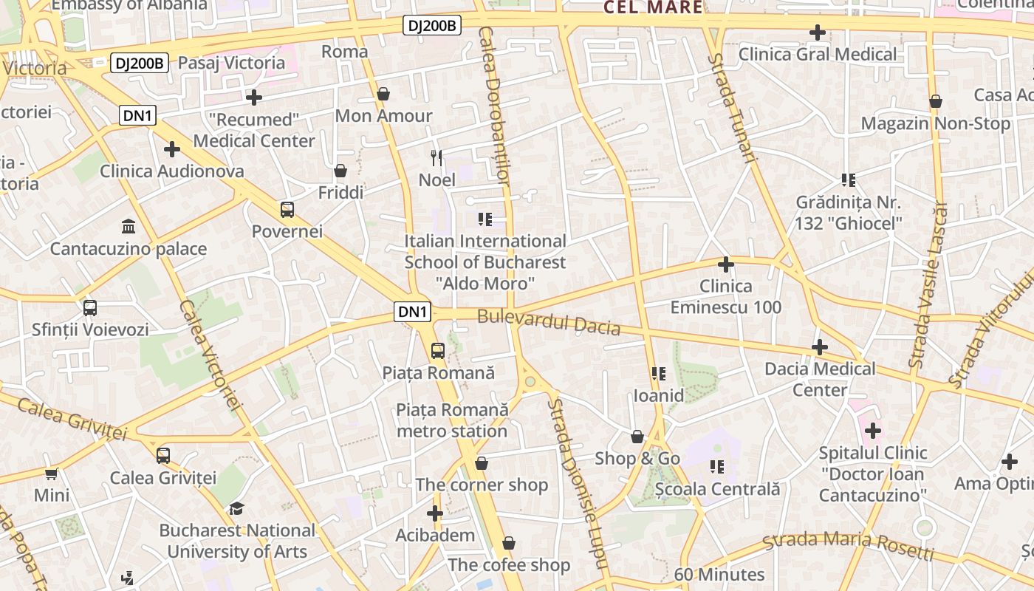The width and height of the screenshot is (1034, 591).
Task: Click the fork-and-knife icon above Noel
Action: coord(436,157)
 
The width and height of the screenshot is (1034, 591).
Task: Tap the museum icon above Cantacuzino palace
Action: coord(129,226)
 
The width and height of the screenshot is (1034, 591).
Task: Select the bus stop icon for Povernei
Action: coord(287,210)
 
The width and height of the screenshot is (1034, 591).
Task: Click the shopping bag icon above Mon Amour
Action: coord(383,94)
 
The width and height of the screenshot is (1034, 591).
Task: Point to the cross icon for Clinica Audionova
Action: coord(172,149)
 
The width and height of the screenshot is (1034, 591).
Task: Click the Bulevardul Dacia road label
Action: coord(549,323)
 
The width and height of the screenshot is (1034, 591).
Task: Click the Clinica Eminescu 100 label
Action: coord(725,297)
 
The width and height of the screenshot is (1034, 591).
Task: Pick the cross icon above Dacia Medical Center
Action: coord(820,347)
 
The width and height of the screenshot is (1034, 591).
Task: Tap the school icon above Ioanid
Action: coord(659,374)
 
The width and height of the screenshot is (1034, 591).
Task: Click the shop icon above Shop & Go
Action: coord(637,437)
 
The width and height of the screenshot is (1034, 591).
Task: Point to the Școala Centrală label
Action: coord(717,489)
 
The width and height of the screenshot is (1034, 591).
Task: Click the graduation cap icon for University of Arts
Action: coord(236,508)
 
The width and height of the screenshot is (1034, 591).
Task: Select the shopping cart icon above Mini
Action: coord(51,474)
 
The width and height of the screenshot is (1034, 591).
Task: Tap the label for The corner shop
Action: coord(482,485)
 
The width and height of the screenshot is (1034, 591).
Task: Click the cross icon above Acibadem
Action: coord(435,513)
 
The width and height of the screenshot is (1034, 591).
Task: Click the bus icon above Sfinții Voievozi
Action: coord(90,308)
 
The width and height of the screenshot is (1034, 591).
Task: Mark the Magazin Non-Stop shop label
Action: coord(935,123)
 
